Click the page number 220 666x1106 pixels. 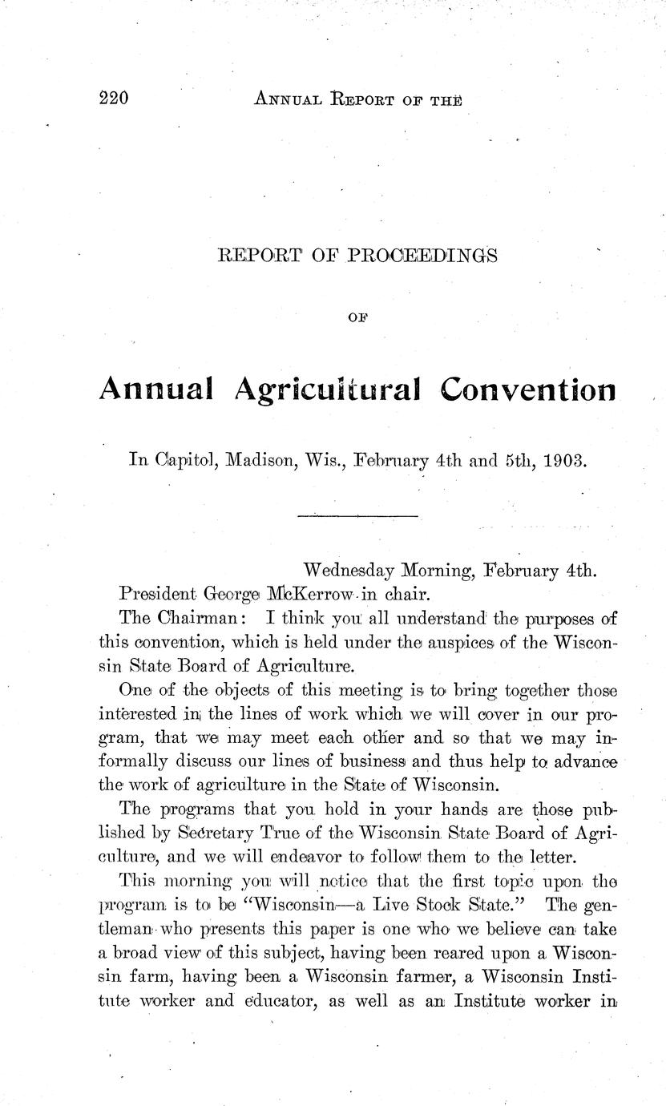click(x=115, y=99)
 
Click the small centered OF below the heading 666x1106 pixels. click(x=357, y=317)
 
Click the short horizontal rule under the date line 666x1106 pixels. click(x=357, y=515)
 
